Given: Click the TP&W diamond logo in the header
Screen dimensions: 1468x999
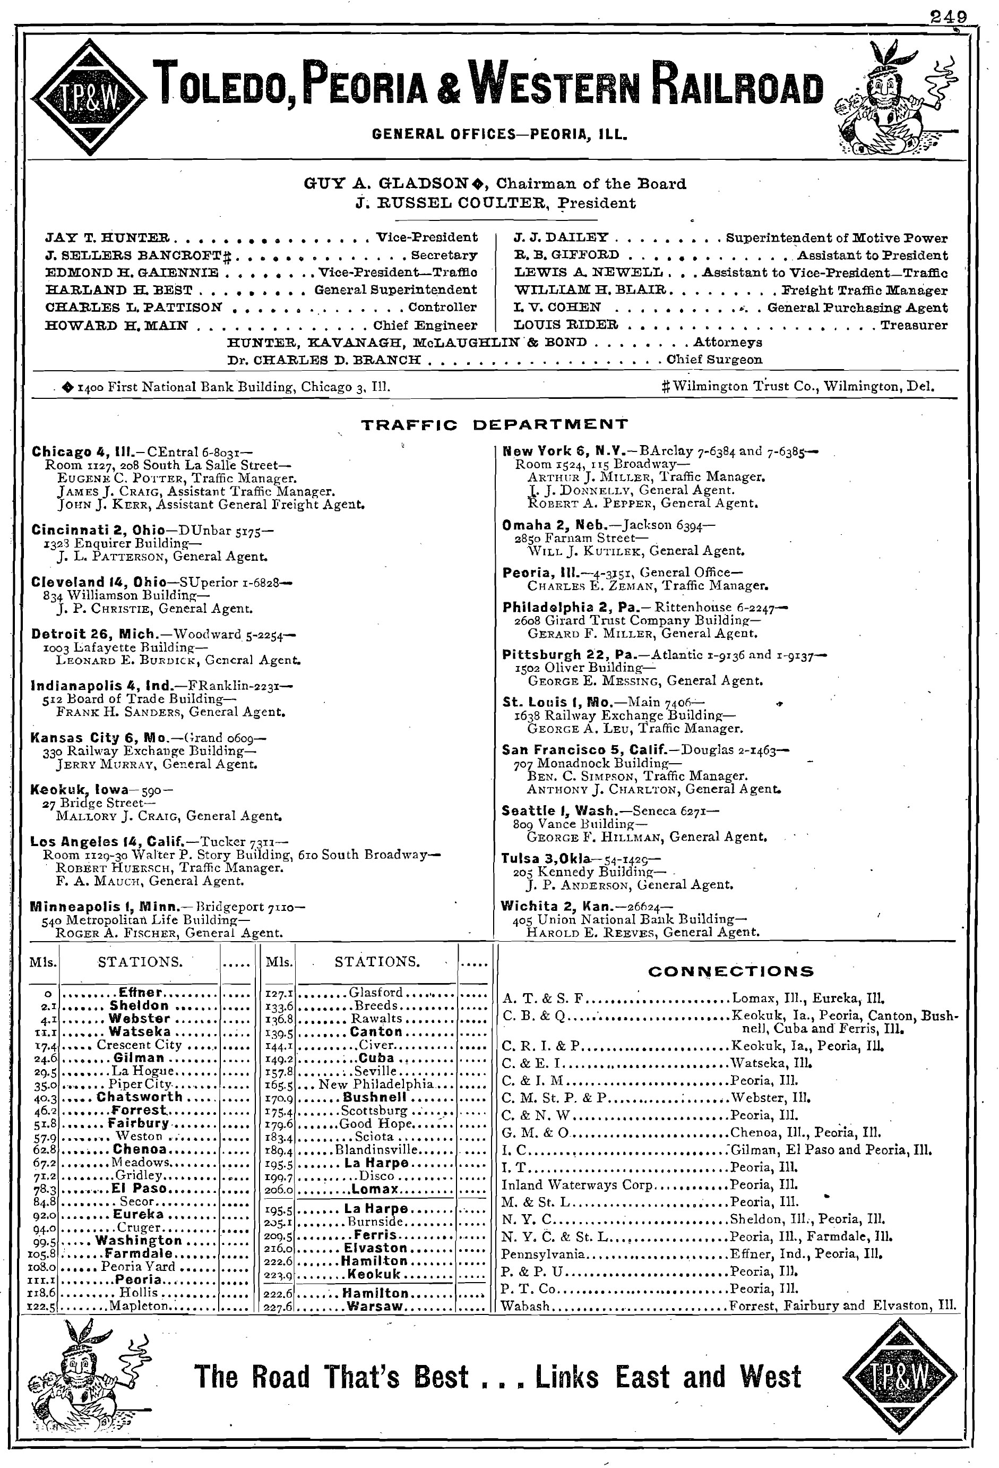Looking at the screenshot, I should (x=89, y=97).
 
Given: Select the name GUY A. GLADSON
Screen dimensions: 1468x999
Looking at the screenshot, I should (x=387, y=184).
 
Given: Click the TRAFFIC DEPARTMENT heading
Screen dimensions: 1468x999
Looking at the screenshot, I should (x=494, y=424).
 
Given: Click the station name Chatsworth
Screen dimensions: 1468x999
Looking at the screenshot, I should (x=140, y=1097).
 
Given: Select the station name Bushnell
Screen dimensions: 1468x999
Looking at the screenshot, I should (x=374, y=1097).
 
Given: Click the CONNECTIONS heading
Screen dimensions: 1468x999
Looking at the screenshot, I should (x=730, y=971).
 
